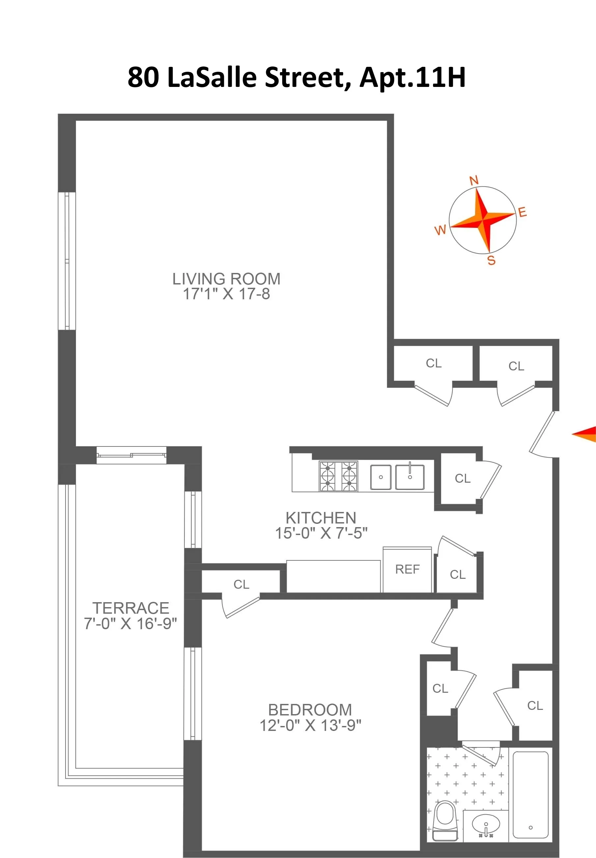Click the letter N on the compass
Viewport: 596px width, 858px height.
(474, 181)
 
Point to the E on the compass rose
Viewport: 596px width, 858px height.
(523, 212)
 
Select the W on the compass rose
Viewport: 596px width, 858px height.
(440, 230)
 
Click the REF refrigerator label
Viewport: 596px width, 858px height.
(407, 569)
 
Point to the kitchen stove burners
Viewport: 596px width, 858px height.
(338, 476)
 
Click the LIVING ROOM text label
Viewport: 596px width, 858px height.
(226, 279)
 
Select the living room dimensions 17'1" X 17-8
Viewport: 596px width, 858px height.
(226, 294)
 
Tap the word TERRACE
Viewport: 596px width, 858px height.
(131, 608)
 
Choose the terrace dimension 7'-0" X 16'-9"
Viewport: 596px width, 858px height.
(130, 624)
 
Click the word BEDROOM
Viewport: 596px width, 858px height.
(310, 710)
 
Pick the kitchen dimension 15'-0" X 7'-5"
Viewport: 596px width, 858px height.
(321, 533)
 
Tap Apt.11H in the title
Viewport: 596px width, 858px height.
(413, 77)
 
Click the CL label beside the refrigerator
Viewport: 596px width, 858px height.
(457, 575)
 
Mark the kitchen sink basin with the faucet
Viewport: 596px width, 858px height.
(410, 477)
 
